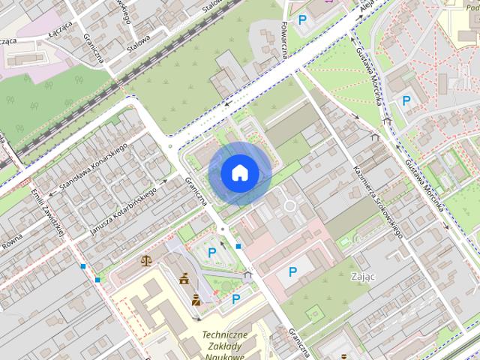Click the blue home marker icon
tap(239, 173)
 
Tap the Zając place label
tap(362, 276)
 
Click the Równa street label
tap(10, 241)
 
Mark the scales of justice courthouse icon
tap(145, 261)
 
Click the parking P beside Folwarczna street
tap(302, 20)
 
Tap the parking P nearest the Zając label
tap(292, 271)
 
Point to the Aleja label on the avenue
tap(366, 9)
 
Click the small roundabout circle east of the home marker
tap(289, 205)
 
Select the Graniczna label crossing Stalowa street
tap(97, 48)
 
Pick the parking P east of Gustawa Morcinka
tap(406, 100)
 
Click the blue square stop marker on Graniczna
tap(238, 246)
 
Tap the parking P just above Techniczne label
tap(236, 299)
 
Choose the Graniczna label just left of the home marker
tap(196, 193)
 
